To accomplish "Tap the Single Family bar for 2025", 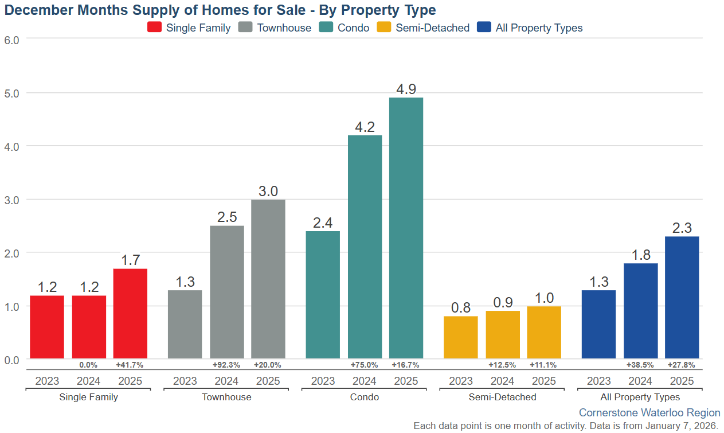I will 130,314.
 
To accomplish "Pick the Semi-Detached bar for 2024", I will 503,335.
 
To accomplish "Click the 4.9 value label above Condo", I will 406,89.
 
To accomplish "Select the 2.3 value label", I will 682,228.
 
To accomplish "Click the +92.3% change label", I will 226,365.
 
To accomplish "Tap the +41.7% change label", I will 130,365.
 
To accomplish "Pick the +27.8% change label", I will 682,365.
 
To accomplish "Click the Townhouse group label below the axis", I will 226,397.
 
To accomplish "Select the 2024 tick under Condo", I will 365,381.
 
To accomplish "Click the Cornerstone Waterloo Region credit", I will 649,412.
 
